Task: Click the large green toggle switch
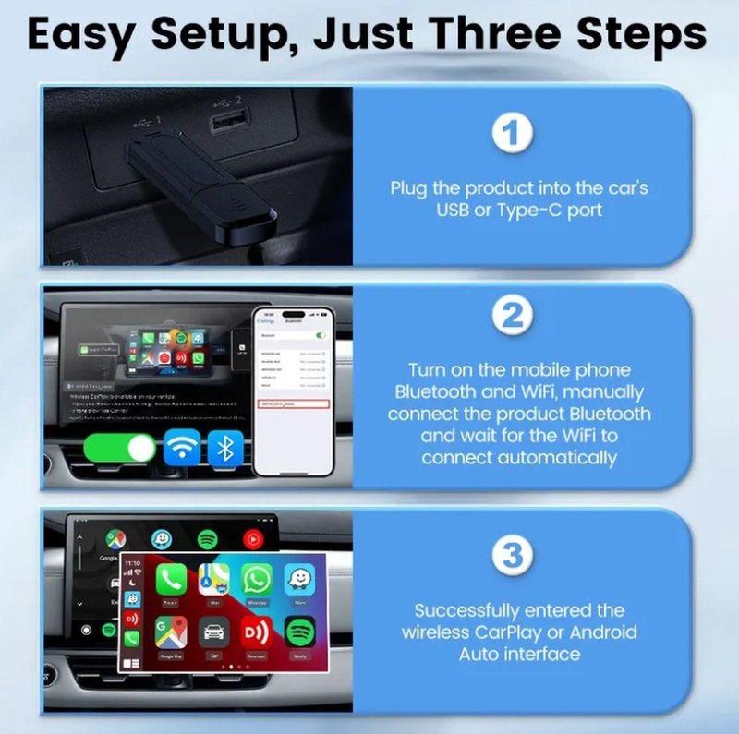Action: tap(120, 449)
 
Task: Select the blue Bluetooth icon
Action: tap(224, 449)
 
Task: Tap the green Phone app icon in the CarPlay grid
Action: tap(171, 579)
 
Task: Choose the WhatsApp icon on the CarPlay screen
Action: tap(256, 579)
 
